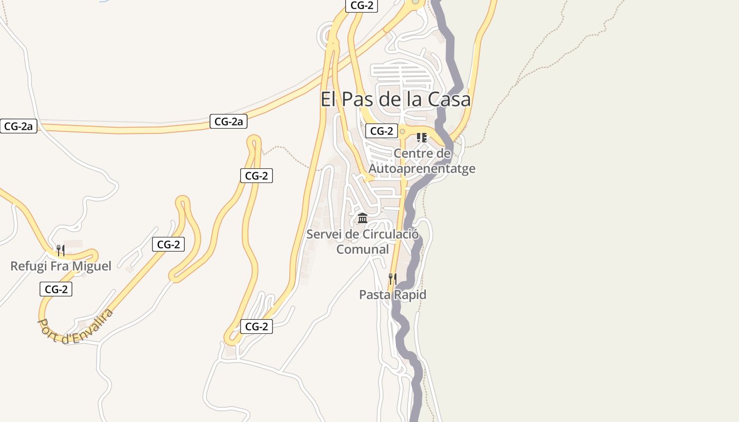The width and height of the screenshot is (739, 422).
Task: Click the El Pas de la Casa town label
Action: point(395,99)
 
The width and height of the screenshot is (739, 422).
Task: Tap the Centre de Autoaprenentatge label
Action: point(422,161)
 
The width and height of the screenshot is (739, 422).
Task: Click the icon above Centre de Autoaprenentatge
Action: point(421,138)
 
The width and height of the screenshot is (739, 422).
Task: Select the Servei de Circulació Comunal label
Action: point(363,242)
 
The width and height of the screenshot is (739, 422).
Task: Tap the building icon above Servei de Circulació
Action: point(363,218)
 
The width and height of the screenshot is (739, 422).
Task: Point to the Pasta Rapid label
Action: point(392,295)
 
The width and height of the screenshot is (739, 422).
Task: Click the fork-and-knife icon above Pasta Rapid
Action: point(392,279)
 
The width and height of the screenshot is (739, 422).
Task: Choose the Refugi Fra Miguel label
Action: point(61,266)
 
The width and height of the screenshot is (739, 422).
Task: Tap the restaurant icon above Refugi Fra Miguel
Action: point(61,250)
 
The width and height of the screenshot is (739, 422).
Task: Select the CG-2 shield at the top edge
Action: point(362,6)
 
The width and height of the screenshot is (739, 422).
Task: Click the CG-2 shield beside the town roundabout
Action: point(381,131)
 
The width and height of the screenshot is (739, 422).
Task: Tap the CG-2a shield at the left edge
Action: point(18,127)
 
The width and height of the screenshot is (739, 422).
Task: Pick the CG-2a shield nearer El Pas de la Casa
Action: point(229,121)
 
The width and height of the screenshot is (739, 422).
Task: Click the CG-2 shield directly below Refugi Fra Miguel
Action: point(55,289)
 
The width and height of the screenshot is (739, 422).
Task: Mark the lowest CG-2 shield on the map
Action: point(257,327)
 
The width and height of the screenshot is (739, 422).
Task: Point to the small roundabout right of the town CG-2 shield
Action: point(402,131)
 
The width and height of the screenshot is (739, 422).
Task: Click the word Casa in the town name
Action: point(449,99)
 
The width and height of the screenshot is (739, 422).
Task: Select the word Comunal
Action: point(363,249)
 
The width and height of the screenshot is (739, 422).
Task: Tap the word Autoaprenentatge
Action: point(422,169)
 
